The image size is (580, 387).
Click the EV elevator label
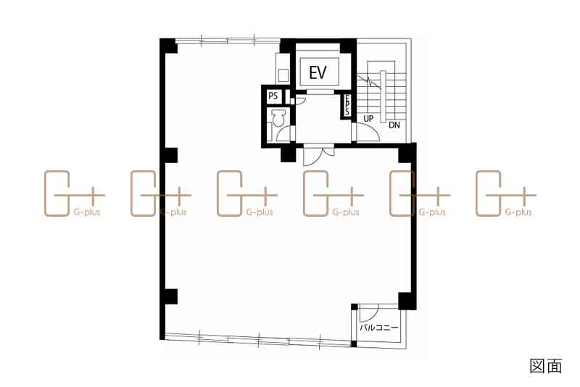click(x=318, y=72)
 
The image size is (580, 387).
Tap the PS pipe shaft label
click(x=273, y=96)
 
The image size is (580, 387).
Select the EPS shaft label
click(x=347, y=105)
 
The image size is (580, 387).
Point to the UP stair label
click(x=368, y=119)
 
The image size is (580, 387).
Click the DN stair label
click(x=394, y=125)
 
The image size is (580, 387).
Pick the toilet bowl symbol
click(x=278, y=118)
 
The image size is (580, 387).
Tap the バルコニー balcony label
click(x=378, y=328)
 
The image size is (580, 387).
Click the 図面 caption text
click(x=546, y=365)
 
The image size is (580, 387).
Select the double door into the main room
click(x=319, y=155)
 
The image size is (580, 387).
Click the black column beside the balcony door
click(x=407, y=301)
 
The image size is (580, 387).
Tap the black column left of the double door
click(x=288, y=154)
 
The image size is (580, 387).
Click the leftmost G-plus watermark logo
click(x=75, y=193)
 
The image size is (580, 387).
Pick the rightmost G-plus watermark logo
click(x=505, y=193)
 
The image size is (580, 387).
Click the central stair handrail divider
click(x=383, y=96)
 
